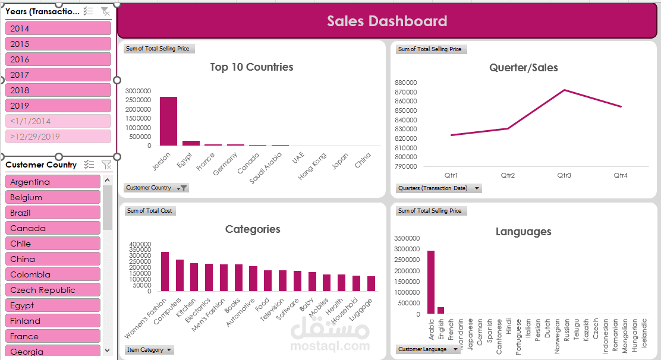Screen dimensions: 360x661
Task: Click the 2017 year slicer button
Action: [x=58, y=75]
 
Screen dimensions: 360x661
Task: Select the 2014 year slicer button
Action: [x=58, y=29]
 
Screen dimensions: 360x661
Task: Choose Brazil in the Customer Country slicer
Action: [x=53, y=213]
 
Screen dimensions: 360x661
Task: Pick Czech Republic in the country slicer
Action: [x=53, y=290]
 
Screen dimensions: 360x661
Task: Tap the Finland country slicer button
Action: [x=53, y=321]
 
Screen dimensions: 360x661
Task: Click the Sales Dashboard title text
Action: [x=387, y=21]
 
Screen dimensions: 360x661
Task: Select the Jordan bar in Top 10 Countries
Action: [x=168, y=121]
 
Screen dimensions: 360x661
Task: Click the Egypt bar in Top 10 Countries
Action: [x=191, y=143]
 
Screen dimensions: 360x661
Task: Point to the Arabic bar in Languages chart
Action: [x=430, y=282]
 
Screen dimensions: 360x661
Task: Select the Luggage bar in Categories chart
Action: [x=371, y=284]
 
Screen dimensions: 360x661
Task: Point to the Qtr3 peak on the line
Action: [x=564, y=90]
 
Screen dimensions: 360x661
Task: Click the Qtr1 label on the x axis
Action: [x=451, y=175]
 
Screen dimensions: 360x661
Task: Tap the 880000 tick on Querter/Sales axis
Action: [x=405, y=83]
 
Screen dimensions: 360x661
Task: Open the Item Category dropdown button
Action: [x=169, y=350]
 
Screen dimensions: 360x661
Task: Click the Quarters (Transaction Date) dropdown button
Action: [x=477, y=188]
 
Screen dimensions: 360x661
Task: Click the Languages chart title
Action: [x=523, y=232]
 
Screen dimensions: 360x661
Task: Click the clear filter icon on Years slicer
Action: [x=105, y=11]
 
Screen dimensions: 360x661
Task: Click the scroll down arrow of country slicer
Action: [x=108, y=350]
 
